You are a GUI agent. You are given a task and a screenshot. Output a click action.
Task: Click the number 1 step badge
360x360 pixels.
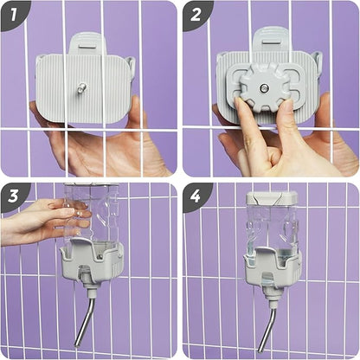coord(13,15)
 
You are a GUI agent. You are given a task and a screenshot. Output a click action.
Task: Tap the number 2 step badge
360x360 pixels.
coord(196,15)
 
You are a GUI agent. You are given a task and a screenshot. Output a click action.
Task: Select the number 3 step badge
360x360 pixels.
coord(13,196)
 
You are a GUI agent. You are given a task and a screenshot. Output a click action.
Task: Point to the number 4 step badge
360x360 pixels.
coord(196,196)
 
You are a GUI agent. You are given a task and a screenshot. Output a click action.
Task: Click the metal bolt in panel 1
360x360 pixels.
coord(82,87)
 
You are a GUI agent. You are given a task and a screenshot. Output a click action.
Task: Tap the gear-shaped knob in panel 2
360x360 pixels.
coord(263,87)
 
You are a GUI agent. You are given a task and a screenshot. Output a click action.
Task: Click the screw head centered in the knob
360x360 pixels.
coord(263,87)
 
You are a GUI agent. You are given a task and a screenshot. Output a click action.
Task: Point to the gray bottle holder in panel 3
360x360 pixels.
coord(93,261)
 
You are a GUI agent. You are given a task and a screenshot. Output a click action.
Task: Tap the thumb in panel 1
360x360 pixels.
coord(138,115)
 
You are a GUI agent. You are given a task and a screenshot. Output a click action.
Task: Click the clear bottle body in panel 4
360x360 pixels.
coord(271,228)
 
